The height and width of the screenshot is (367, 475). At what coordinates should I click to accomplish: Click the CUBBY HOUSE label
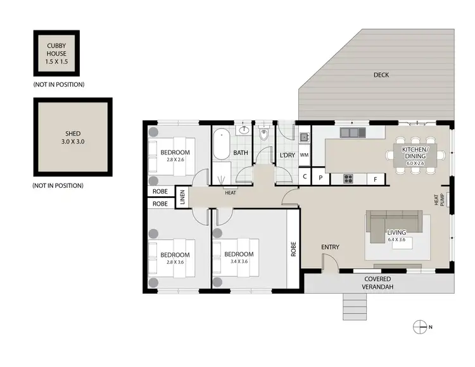[59, 54]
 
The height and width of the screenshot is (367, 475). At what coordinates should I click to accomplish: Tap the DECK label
[381, 75]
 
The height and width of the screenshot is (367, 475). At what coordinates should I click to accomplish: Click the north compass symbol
[419, 327]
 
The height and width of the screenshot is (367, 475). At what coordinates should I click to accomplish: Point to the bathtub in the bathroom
[221, 145]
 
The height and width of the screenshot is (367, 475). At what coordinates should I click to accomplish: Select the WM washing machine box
[304, 154]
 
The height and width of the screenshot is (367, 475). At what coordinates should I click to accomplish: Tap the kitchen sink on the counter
[350, 133]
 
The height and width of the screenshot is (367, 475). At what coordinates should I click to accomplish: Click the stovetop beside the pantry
[348, 178]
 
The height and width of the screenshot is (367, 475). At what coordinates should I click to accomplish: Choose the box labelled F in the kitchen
[376, 178]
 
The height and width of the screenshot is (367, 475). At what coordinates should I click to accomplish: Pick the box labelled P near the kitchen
[320, 178]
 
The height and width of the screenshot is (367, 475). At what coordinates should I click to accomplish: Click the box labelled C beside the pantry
[305, 178]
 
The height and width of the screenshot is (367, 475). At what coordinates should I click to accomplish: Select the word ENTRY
[331, 247]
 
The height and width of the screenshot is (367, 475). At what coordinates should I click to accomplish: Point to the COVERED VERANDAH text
[377, 282]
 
